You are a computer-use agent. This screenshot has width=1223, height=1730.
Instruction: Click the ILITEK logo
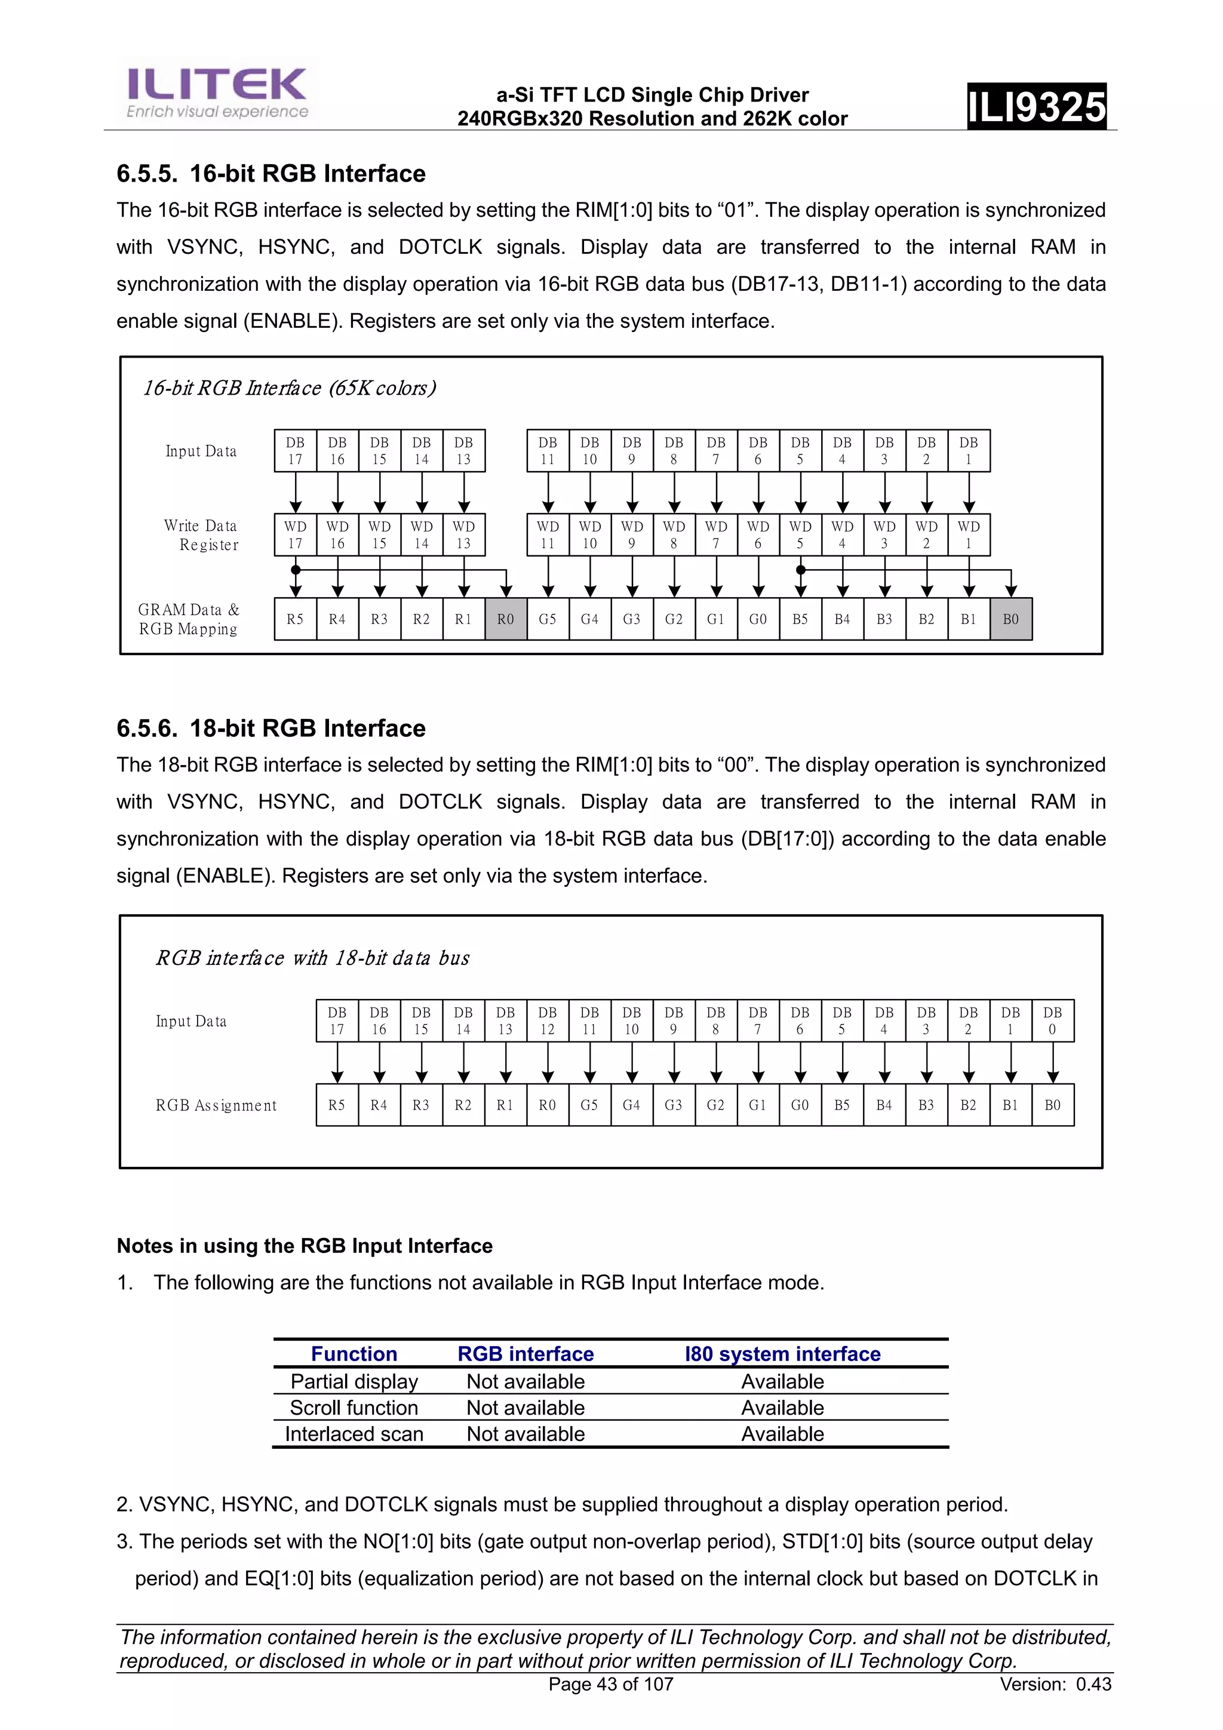coord(217,92)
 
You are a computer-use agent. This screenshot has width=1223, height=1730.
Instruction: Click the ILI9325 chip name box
coord(1036,106)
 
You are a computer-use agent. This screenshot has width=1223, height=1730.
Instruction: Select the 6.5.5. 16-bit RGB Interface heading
coord(271,174)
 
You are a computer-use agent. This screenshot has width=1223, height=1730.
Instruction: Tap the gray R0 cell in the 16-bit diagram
coord(506,619)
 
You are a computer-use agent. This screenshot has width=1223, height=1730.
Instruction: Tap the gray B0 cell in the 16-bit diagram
coord(1010,619)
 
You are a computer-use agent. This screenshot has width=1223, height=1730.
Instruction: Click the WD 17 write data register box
coord(296,535)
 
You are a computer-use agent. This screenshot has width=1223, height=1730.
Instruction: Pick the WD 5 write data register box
coord(800,535)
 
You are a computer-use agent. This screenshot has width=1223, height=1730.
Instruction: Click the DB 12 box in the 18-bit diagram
coord(548,1021)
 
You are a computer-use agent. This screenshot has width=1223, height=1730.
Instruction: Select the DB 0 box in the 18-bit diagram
coord(1053,1021)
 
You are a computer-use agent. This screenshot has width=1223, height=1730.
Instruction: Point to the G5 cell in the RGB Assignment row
coord(589,1105)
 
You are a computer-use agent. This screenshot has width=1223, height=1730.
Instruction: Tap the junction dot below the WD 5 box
coord(800,570)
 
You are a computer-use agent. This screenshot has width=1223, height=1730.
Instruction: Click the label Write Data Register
coord(201,535)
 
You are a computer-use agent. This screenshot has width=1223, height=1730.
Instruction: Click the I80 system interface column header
coord(782,1354)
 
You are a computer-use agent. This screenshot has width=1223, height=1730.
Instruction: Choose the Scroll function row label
coord(354,1408)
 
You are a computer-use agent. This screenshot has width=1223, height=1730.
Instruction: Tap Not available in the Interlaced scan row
coord(526,1434)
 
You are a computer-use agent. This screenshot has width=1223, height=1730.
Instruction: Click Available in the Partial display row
coord(782,1381)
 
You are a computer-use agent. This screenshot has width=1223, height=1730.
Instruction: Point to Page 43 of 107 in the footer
coord(610,1684)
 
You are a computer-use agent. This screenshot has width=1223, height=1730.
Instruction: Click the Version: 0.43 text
coord(1055,1684)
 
